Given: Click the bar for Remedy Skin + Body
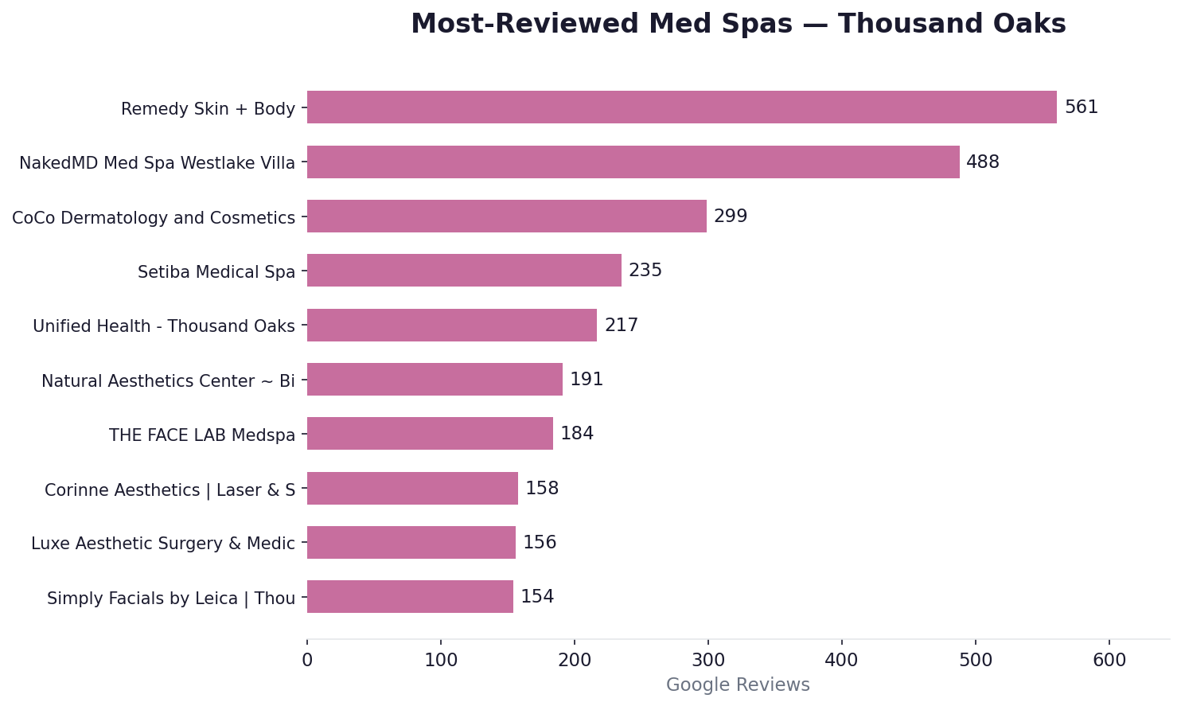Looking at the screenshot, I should click(x=681, y=107).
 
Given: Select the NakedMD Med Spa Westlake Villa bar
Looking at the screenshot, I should click(x=633, y=162).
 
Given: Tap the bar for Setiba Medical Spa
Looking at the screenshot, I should click(x=464, y=271).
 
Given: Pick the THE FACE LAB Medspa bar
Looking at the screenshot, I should click(x=430, y=434).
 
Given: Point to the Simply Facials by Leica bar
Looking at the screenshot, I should click(x=410, y=597).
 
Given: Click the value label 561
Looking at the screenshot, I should click(x=1081, y=107).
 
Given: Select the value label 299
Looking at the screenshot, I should click(x=730, y=216).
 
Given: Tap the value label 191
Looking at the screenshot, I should click(x=587, y=380).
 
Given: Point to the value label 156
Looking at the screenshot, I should click(x=539, y=543).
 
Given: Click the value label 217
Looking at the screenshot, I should click(x=621, y=326).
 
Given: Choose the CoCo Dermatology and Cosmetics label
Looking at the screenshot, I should click(x=154, y=218).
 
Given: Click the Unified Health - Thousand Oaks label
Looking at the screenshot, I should click(x=164, y=326).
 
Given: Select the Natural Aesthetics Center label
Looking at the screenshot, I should click(x=168, y=381).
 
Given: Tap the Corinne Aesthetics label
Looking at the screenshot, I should click(x=170, y=490).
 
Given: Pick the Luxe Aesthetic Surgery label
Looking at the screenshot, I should click(x=163, y=544).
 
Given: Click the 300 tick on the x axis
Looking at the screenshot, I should click(x=707, y=660).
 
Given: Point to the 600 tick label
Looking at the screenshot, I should click(x=1109, y=660).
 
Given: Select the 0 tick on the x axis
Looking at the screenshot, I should click(x=307, y=660).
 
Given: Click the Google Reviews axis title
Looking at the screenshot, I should click(x=738, y=685).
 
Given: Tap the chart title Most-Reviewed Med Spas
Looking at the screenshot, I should click(x=738, y=25).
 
